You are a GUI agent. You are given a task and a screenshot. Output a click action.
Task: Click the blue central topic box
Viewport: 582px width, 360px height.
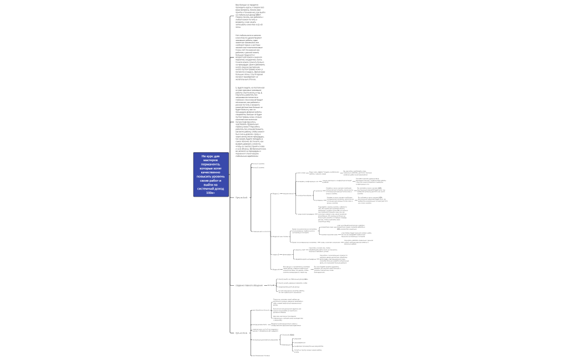coord(210,174)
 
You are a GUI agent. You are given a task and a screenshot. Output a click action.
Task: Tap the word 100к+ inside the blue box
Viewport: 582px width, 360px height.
coord(210,193)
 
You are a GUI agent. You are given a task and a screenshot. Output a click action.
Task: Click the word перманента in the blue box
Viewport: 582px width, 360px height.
coord(211,164)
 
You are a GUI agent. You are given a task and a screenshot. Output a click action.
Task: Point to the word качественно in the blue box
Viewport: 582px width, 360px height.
coord(211,172)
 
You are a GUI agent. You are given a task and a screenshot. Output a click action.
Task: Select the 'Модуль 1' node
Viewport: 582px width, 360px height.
coord(275,194)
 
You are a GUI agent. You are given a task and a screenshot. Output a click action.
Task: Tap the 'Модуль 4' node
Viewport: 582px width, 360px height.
coord(275,269)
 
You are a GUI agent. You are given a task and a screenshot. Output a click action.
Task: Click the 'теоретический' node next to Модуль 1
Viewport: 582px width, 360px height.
coord(288,194)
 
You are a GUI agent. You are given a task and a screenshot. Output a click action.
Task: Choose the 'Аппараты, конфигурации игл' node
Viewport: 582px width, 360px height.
coord(307,181)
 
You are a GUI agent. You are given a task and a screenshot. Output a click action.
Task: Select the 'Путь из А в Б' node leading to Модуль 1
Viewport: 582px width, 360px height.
coord(242,197)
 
